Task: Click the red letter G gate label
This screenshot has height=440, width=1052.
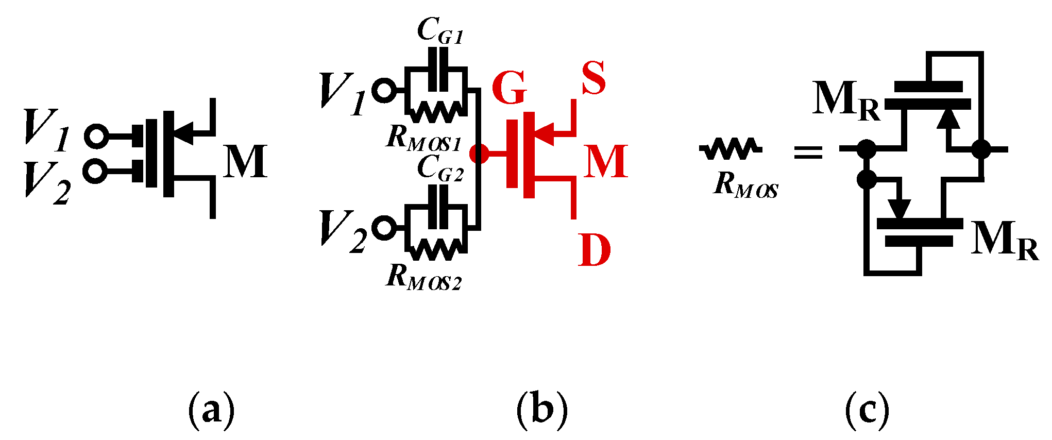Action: (509, 88)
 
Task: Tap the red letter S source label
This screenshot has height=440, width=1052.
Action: (593, 78)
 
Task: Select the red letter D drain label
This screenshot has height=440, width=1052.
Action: (594, 250)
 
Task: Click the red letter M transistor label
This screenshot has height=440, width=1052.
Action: (605, 161)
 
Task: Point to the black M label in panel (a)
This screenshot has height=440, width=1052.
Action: (245, 161)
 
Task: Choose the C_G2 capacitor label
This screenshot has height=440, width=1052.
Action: (439, 168)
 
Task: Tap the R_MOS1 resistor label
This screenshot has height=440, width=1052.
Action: (423, 138)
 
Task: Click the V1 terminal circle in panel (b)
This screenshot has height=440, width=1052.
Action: (384, 91)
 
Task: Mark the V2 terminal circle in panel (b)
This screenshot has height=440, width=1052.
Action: (384, 228)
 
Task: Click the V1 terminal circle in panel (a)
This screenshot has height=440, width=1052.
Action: (96, 136)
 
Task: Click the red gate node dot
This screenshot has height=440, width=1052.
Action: (480, 153)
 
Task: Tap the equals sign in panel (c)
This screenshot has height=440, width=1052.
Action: (807, 152)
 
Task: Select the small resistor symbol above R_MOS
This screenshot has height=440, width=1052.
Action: (731, 149)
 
